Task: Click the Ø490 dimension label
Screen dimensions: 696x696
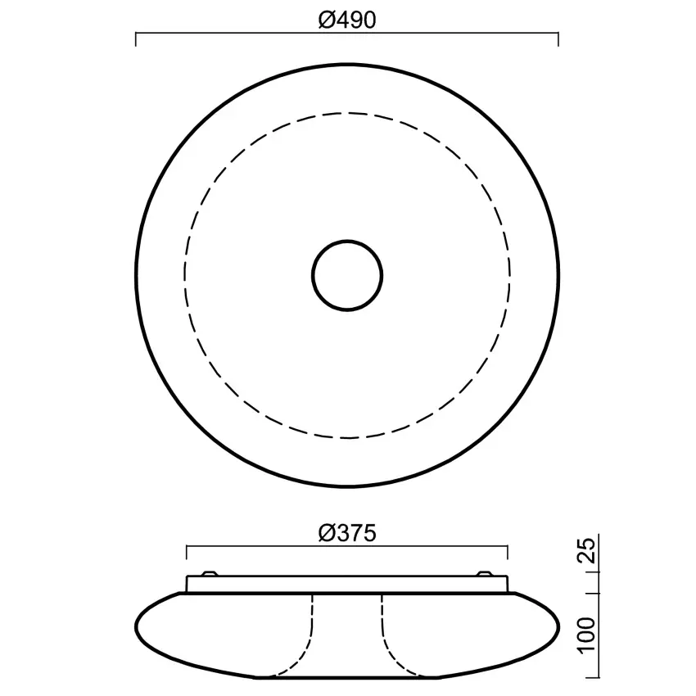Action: click(x=346, y=20)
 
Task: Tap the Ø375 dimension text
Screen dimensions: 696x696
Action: click(x=346, y=534)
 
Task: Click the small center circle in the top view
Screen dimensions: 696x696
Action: click(x=347, y=275)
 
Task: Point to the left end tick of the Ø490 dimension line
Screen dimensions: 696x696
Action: click(x=135, y=38)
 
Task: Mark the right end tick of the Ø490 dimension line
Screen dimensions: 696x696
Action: click(x=558, y=38)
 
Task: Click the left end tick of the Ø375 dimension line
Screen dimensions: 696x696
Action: click(x=187, y=551)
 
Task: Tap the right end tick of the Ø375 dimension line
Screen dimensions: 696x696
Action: click(x=508, y=551)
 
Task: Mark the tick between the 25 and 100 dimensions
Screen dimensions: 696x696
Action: click(x=589, y=592)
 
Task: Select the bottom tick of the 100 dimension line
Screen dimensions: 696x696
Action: click(x=589, y=678)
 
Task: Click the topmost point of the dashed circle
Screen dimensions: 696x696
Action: click(x=347, y=113)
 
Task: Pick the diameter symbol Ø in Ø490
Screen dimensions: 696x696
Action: click(x=324, y=20)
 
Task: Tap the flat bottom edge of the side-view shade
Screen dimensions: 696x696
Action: click(x=347, y=678)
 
